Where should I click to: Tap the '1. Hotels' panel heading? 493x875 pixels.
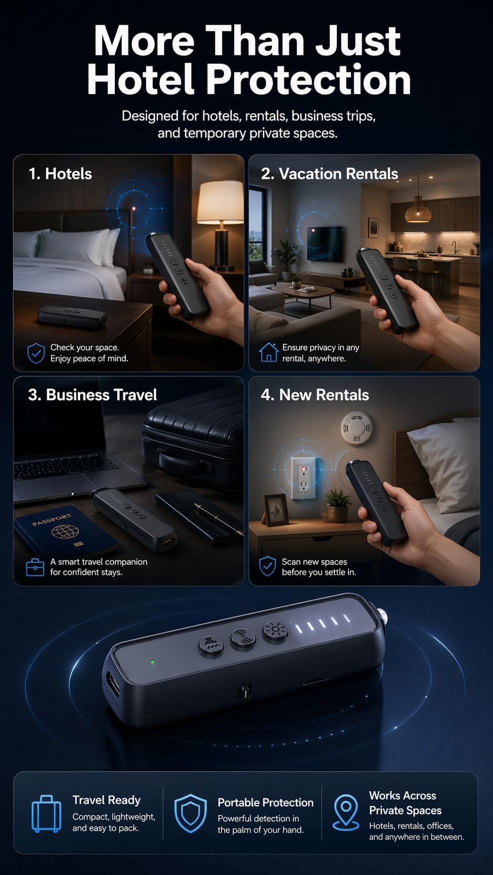(60, 174)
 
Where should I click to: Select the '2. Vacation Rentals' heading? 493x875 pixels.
(329, 174)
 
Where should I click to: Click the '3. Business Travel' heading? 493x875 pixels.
(92, 395)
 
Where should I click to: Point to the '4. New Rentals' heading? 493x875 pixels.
(315, 395)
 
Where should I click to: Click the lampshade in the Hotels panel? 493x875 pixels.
(220, 202)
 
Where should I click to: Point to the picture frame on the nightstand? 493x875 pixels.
(277, 510)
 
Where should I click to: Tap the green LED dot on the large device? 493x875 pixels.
(152, 661)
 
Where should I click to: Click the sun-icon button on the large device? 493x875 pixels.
(275, 630)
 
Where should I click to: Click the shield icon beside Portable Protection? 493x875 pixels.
(190, 813)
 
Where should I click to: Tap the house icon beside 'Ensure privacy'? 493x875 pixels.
(269, 352)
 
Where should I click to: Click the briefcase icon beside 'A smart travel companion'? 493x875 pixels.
(35, 567)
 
